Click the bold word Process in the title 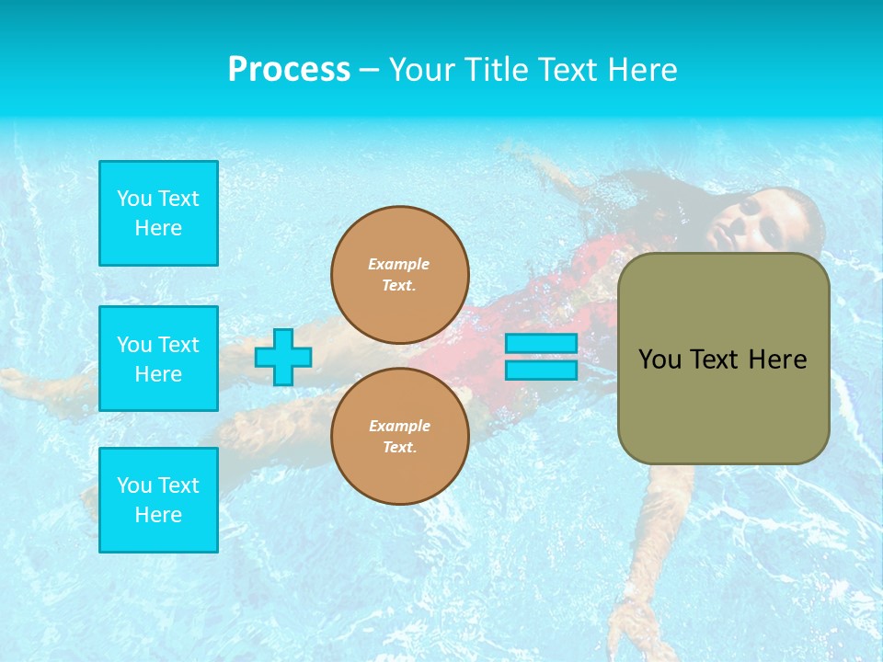tap(289, 70)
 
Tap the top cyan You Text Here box tap(158, 213)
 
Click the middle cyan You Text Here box tap(158, 359)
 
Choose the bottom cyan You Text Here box tap(158, 500)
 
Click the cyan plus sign tap(283, 358)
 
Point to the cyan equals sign tap(541, 357)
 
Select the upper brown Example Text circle tap(400, 275)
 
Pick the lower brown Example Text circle tap(400, 437)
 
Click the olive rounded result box tap(723, 359)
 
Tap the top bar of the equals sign tap(541, 344)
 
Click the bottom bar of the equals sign tap(541, 371)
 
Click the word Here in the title tap(643, 70)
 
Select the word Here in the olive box tap(777, 360)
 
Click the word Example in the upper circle tap(399, 264)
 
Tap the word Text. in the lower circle tap(399, 448)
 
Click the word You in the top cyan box tap(133, 199)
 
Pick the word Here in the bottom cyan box tap(158, 515)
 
